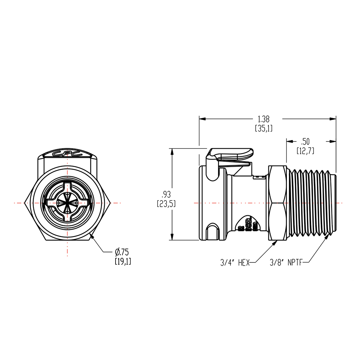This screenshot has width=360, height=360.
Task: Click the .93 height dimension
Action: coord(166,199)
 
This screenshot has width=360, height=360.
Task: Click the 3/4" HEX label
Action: coord(235,263)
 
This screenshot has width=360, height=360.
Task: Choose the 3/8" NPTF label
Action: coord(285,263)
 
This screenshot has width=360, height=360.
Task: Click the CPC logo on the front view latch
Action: coord(67,154)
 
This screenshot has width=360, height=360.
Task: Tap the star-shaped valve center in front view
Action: coord(67,203)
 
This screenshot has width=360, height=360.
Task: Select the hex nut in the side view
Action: coord(278,203)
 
